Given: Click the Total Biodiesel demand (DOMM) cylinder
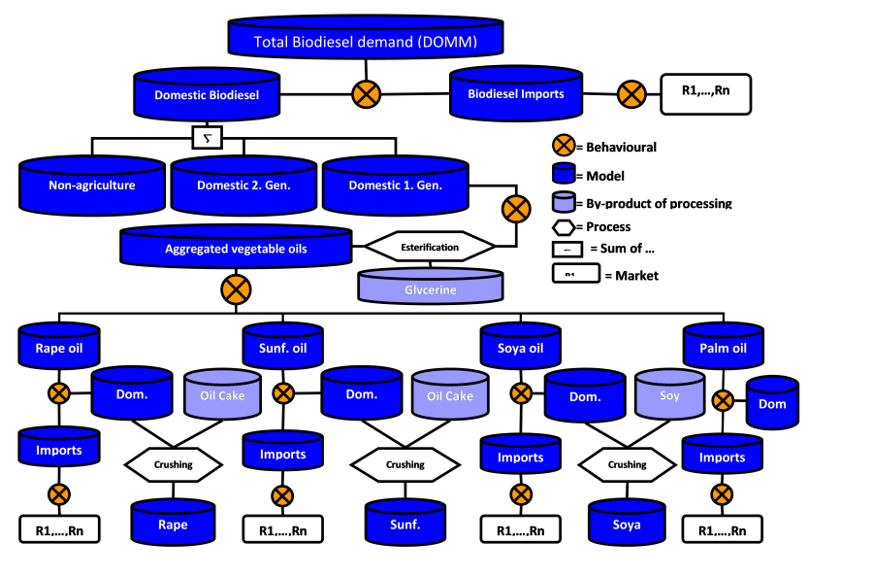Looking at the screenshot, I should pos(366,41).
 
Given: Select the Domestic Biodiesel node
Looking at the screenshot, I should pos(206,95).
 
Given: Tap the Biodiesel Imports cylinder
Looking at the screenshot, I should pos(516,94).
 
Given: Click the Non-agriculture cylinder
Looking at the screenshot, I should pos(92,186).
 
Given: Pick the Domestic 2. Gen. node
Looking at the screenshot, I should pos(243,186).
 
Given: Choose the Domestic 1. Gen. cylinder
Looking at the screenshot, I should pos(395,186).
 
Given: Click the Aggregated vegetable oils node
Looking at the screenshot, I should pos(236,249).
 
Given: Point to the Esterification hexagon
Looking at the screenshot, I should pos(430,247).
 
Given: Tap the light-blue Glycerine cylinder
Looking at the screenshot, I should pos(430,288).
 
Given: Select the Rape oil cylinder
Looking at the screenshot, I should pos(58,348).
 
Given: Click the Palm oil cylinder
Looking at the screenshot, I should pos(723,348).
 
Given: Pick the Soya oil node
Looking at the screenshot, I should pos(521,348).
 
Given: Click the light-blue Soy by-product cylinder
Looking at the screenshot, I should pos(669,396).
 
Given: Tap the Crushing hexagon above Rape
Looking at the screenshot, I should pos(174,464).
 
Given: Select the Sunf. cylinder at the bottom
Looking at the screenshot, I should pos(404,525).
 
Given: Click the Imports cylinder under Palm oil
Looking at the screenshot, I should pos(722,457).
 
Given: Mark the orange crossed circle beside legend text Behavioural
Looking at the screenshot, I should pos(564,147).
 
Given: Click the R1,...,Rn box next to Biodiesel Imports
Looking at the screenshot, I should pos(705,93).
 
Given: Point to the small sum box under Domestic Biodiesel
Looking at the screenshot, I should pos(207,137).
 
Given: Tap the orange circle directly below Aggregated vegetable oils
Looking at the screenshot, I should pos(236,288).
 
